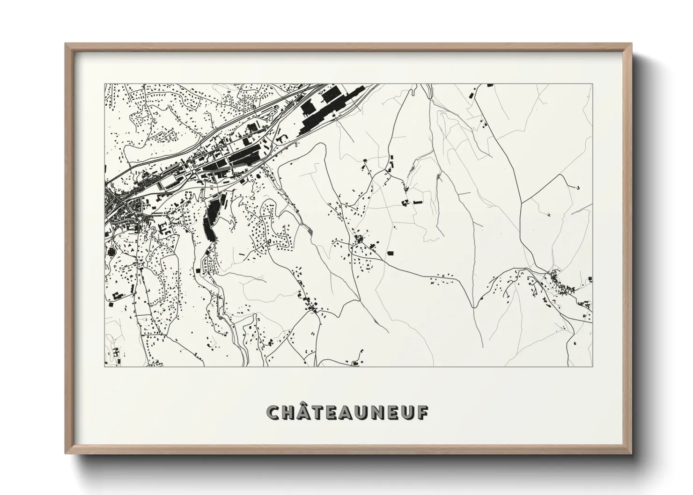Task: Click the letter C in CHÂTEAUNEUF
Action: (x=274, y=412)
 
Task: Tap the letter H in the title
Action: (x=289, y=412)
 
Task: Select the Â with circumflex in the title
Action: (x=306, y=411)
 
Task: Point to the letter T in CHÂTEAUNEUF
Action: (x=320, y=412)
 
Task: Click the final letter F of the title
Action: (x=421, y=412)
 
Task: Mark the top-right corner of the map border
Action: (x=592, y=84)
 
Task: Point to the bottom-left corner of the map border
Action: (x=104, y=366)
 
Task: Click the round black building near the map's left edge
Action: (x=111, y=252)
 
